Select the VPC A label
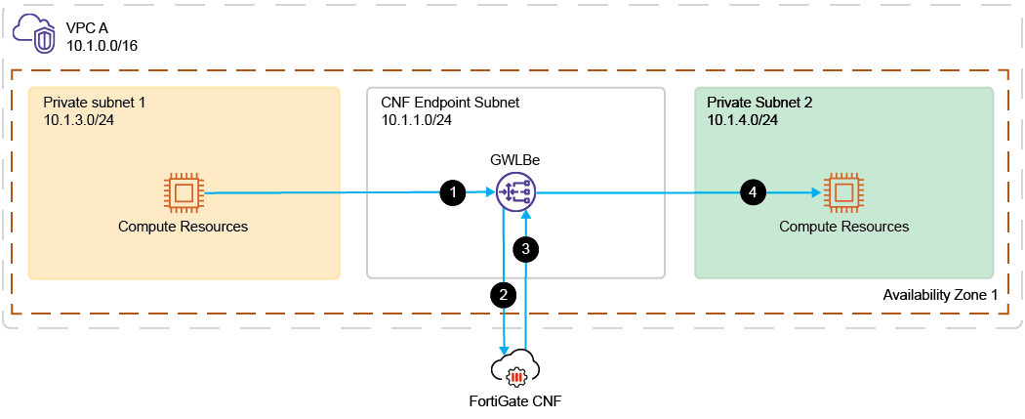(87, 28)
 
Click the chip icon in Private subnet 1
(183, 192)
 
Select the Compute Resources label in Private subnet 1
(184, 227)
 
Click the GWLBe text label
(512, 159)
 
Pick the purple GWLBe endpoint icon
(514, 192)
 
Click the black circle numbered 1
(452, 193)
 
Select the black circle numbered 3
(526, 249)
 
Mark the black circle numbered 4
(751, 193)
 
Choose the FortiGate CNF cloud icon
(514, 370)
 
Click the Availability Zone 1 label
(942, 295)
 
